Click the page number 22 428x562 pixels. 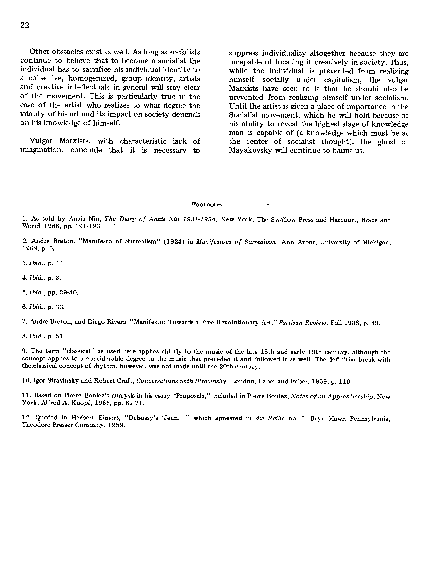[x=25, y=25]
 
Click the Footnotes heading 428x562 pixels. [x=207, y=204]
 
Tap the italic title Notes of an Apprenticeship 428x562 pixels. [x=332, y=396]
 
